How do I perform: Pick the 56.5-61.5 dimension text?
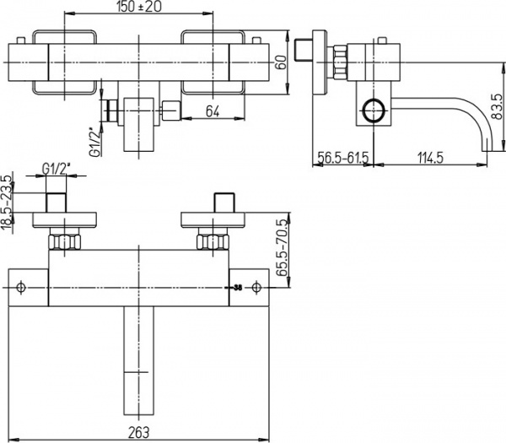click(x=342, y=156)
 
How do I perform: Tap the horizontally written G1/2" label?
click(x=55, y=169)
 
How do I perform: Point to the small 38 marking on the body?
click(x=239, y=288)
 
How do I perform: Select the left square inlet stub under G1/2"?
click(x=57, y=203)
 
